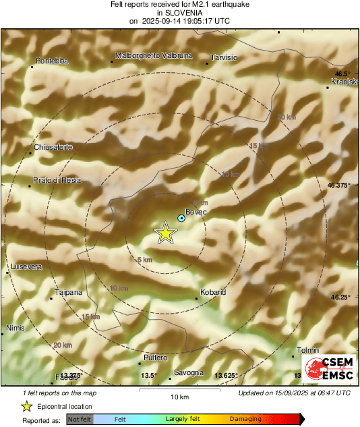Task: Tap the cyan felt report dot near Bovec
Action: [181, 219]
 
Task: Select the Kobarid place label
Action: [212, 292]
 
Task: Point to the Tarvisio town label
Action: [224, 58]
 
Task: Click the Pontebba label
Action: [52, 61]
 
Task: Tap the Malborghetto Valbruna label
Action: [154, 55]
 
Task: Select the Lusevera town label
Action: [26, 267]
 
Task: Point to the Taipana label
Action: [69, 292]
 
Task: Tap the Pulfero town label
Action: [155, 358]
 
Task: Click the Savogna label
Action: [188, 372]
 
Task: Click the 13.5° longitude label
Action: [148, 375]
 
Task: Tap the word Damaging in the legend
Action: [245, 419]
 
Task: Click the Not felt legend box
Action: [80, 419]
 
